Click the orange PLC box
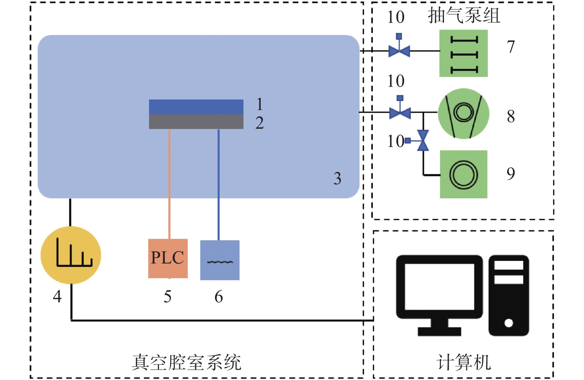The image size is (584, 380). pyautogui.click(x=168, y=258)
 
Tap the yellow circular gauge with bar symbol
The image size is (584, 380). pyautogui.click(x=71, y=255)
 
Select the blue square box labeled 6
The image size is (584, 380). pyautogui.click(x=220, y=260)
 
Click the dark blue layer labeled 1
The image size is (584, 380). pyautogui.click(x=196, y=107)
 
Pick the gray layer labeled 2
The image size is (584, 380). pyautogui.click(x=196, y=121)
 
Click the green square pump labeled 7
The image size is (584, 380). pyautogui.click(x=463, y=53)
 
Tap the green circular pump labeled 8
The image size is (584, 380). pyautogui.click(x=463, y=113)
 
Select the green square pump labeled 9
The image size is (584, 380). pyautogui.click(x=463, y=174)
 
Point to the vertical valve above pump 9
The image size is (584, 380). pyautogui.click(x=423, y=141)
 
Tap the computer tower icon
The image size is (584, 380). pyautogui.click(x=509, y=295)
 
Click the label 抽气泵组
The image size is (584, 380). pyautogui.click(x=464, y=16)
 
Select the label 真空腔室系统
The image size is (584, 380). pyautogui.click(x=186, y=362)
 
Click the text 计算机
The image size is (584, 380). pyautogui.click(x=464, y=362)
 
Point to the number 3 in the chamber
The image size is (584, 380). pyautogui.click(x=337, y=179)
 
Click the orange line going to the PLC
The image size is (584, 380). pyautogui.click(x=169, y=183)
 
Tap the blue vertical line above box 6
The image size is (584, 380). pyautogui.click(x=218, y=183)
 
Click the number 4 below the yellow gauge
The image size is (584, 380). pyautogui.click(x=57, y=296)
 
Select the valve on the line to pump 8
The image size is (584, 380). pyautogui.click(x=400, y=112)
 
